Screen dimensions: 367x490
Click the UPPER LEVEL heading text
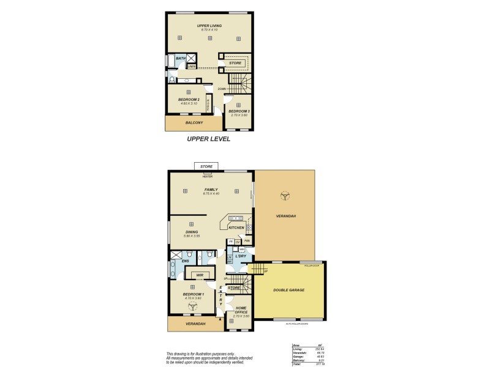pos(208,139)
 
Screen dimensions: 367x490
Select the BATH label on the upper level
pos(181,58)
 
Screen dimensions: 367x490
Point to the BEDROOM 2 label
pos(189,99)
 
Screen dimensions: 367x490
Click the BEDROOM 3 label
pos(239,111)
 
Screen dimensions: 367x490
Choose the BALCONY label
pos(194,123)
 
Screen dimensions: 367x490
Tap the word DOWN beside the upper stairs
pos(221,88)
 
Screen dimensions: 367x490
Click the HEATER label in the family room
pos(208,176)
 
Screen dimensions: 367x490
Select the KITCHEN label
pos(236,228)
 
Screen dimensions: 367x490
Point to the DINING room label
pos(192,232)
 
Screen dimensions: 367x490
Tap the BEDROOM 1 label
pos(194,294)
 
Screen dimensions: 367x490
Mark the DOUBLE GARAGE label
pos(288,289)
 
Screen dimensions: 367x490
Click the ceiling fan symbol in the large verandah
pos(284,196)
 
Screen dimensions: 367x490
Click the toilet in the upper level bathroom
pos(171,80)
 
